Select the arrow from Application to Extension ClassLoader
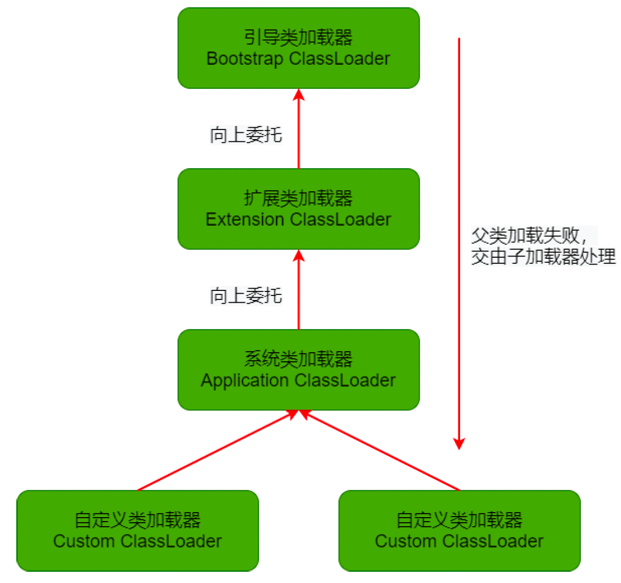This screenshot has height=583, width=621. pyautogui.click(x=299, y=289)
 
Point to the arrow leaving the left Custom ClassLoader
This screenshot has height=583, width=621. pyautogui.click(x=217, y=450)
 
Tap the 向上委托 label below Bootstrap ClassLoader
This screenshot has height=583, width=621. pyautogui.click(x=246, y=136)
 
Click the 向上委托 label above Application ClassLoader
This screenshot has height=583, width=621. pyautogui.click(x=246, y=295)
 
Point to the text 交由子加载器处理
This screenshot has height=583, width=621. pyautogui.click(x=543, y=258)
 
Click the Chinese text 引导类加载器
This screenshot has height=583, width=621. pyautogui.click(x=299, y=38)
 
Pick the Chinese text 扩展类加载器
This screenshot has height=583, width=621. pyautogui.click(x=299, y=199)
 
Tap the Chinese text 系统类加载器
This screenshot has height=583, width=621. pyautogui.click(x=299, y=359)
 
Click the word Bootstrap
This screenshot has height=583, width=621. pyautogui.click(x=245, y=59)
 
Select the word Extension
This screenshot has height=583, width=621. pyautogui.click(x=245, y=219)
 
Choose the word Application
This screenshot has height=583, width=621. pyautogui.click(x=245, y=380)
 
